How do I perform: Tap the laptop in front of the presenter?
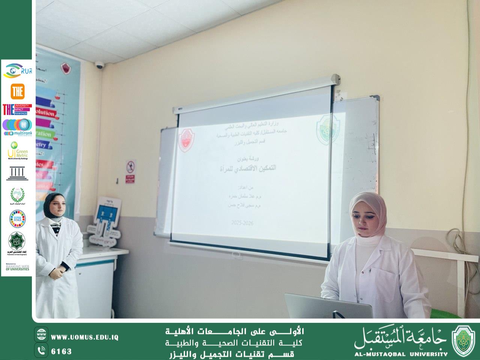point(328,306)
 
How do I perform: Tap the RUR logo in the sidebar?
point(17,70)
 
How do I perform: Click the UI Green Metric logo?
point(17,150)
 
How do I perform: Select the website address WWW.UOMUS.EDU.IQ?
point(85,337)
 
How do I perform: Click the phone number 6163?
point(61,351)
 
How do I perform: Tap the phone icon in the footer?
point(41,351)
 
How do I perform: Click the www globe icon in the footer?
point(41,334)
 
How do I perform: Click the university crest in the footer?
point(463,340)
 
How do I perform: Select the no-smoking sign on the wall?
point(130,165)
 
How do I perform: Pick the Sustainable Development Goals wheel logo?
point(17,219)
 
